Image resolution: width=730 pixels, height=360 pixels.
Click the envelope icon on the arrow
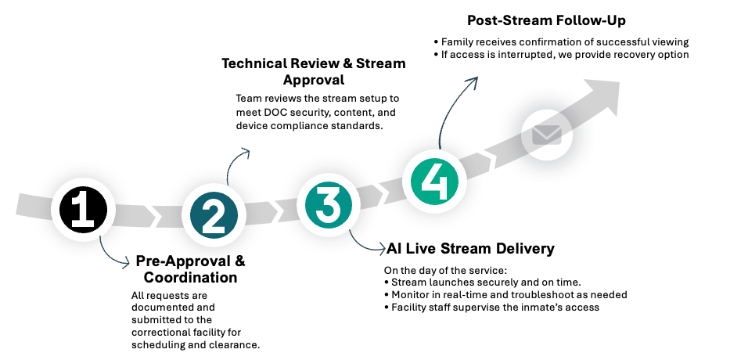coord(547,135)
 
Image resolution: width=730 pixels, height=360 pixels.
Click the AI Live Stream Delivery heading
coord(470,249)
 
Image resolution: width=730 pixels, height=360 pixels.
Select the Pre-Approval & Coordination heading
coord(190,269)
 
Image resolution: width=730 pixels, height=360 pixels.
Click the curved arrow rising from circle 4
coord(456,110)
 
